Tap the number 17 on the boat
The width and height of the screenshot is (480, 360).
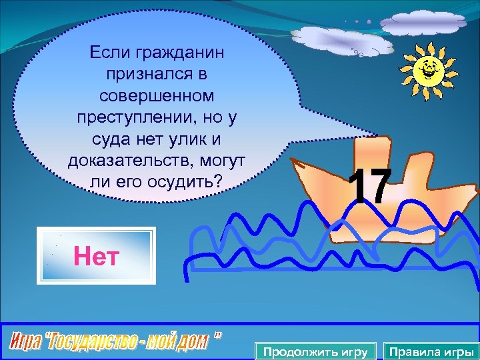(368, 186)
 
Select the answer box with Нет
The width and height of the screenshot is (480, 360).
(97, 256)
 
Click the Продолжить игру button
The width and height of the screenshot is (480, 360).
(315, 351)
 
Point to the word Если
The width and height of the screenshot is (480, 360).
(106, 51)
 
